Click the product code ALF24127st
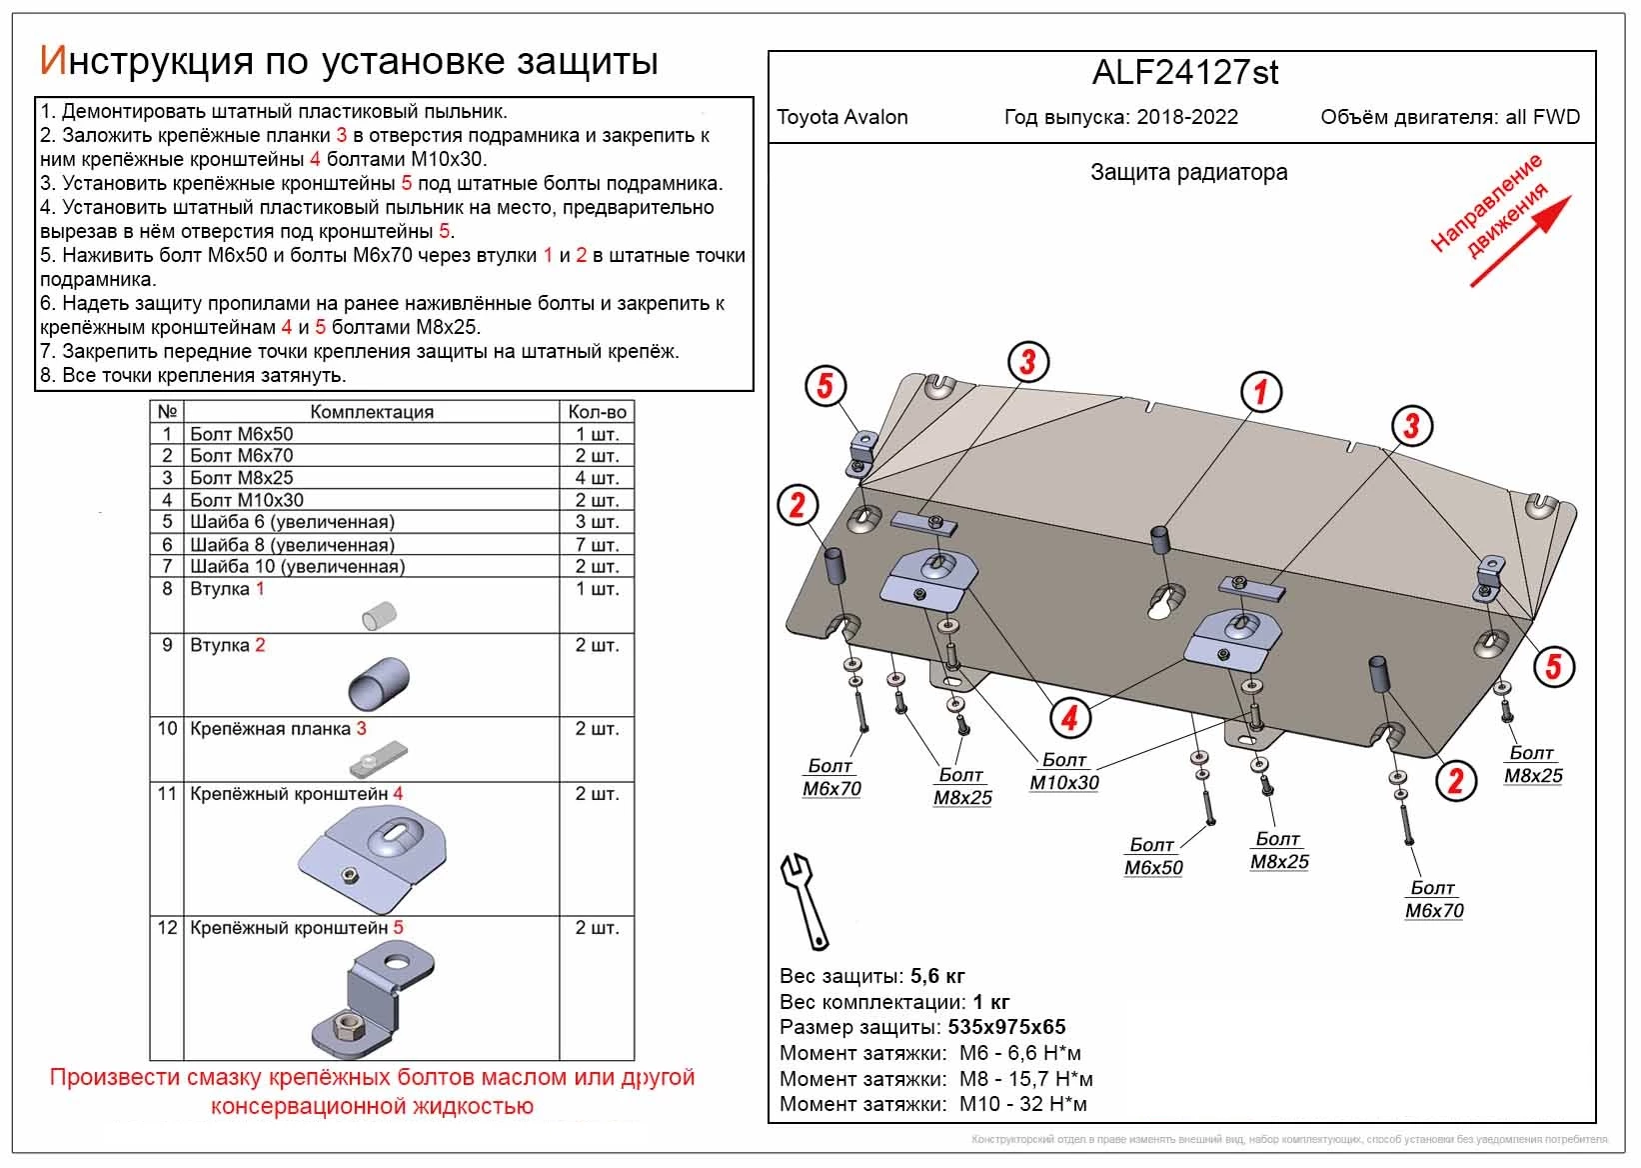1184,72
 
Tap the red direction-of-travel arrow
1520,241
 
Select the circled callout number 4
1069,717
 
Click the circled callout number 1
1260,391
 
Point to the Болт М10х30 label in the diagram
1063,772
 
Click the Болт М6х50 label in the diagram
1152,857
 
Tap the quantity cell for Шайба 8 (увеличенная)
597,545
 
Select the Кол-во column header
597,412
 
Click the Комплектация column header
371,412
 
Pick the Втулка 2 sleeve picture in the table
379,683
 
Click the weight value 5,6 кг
937,976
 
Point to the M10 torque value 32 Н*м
1050,1104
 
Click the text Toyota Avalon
842,117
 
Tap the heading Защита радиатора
1188,172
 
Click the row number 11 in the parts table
167,794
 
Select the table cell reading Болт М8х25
242,478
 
